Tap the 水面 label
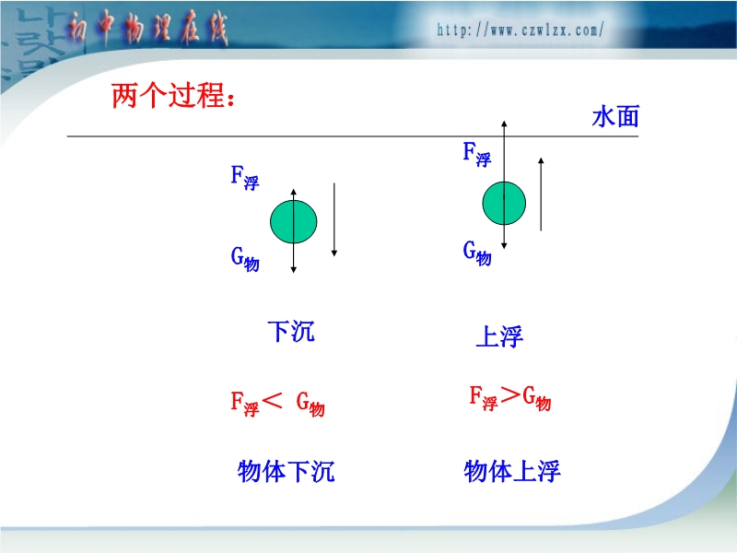pyautogui.click(x=615, y=117)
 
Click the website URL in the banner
pyautogui.click(x=520, y=30)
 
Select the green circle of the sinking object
pyautogui.click(x=293, y=221)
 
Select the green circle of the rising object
pyautogui.click(x=504, y=203)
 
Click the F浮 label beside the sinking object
pyautogui.click(x=244, y=178)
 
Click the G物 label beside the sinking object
pyautogui.click(x=244, y=259)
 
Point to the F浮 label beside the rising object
pyautogui.click(x=476, y=154)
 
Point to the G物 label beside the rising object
pyautogui.click(x=476, y=253)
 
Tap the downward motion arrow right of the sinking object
pyautogui.click(x=334, y=219)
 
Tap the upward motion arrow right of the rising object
pyautogui.click(x=541, y=194)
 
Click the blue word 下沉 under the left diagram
pyautogui.click(x=291, y=331)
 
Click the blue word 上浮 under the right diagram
pyautogui.click(x=499, y=336)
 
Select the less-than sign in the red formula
pyautogui.click(x=272, y=401)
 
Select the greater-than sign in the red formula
pyautogui.click(x=511, y=395)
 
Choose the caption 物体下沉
pyautogui.click(x=286, y=471)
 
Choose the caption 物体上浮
pyautogui.click(x=512, y=471)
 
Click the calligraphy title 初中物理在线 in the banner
pyautogui.click(x=147, y=29)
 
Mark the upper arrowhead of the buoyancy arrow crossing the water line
pyautogui.click(x=504, y=124)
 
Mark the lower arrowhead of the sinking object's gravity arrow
pyautogui.click(x=293, y=270)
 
